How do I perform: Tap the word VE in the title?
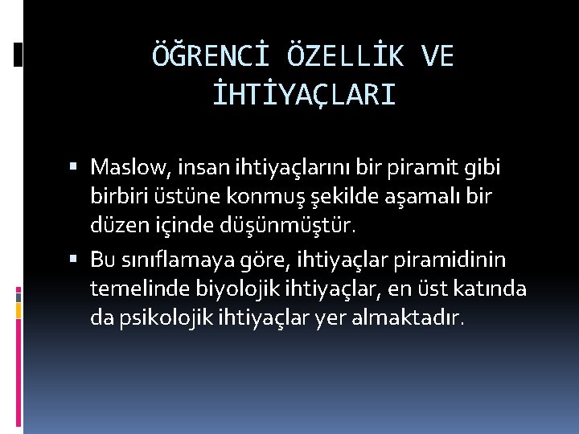click(x=437, y=55)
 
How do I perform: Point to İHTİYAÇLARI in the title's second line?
click(x=303, y=96)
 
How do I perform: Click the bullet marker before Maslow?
click(x=74, y=168)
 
